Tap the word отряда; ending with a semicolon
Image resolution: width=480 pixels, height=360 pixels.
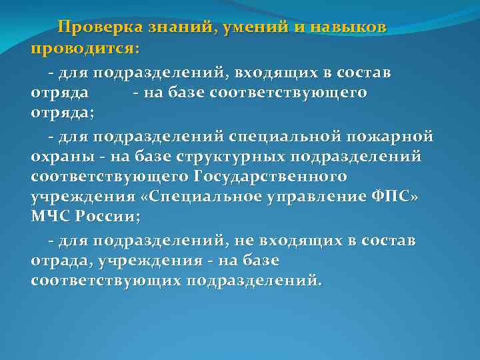point(63,113)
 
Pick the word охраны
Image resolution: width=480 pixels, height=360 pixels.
point(61,157)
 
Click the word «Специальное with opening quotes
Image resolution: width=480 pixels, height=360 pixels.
point(203,198)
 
